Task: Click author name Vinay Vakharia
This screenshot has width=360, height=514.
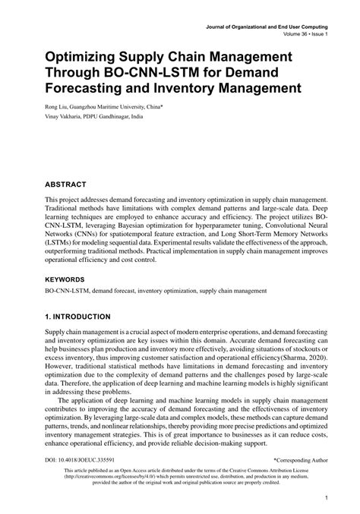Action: click(67, 118)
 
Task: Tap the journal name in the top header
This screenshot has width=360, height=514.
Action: click(270, 27)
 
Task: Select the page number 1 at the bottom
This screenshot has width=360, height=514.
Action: click(325, 498)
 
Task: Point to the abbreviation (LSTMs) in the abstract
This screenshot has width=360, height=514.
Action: click(63, 245)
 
